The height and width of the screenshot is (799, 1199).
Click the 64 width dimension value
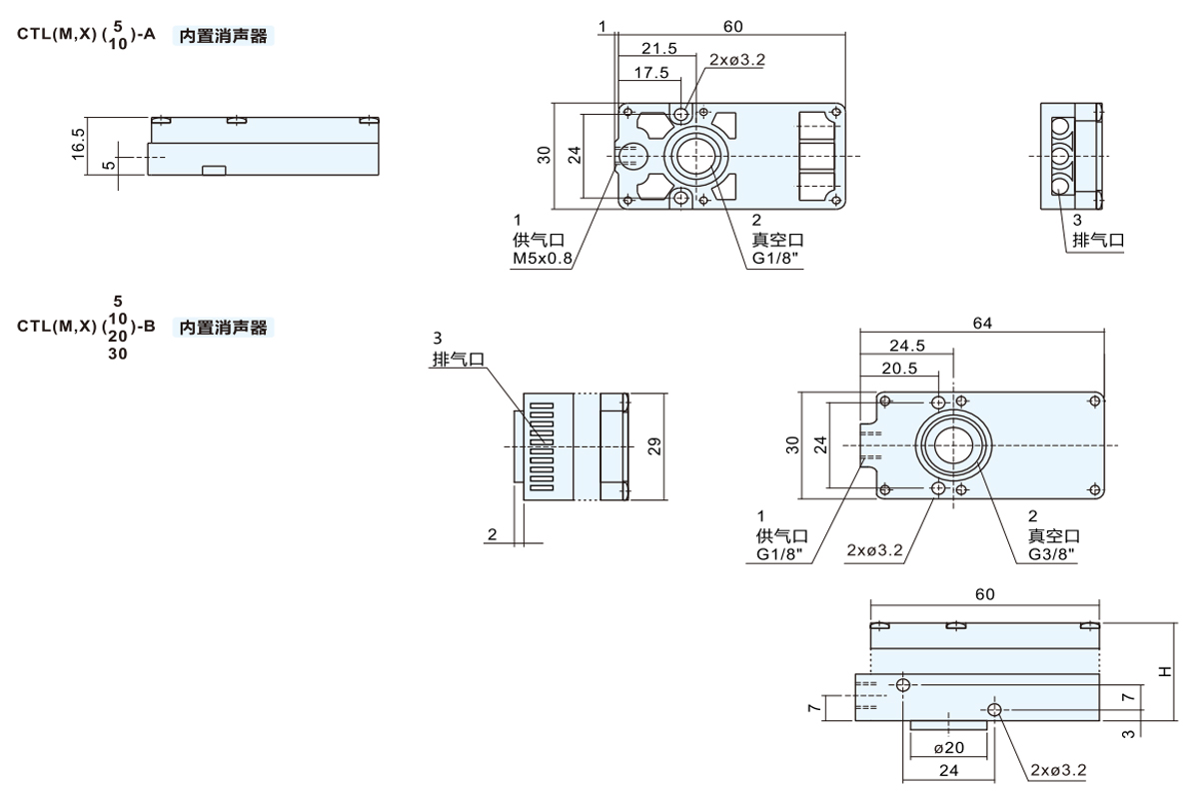(982, 323)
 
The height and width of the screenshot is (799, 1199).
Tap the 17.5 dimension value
(650, 72)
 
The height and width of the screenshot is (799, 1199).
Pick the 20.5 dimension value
(900, 369)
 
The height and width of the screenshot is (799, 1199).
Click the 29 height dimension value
(655, 445)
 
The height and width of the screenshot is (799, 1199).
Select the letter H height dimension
(1165, 672)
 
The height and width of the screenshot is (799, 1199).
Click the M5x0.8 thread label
(543, 259)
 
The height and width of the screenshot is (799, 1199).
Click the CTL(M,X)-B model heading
(85, 327)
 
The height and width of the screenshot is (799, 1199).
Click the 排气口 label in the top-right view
(1098, 241)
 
